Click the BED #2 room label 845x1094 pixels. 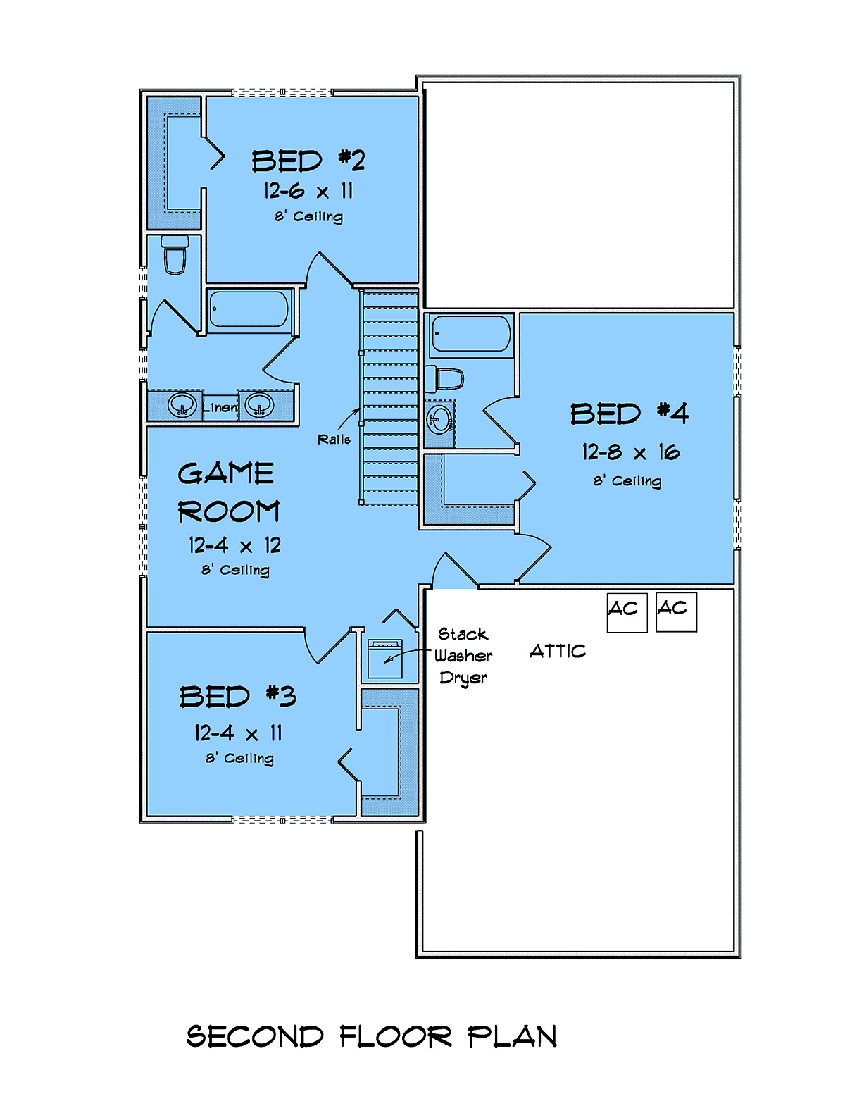[308, 161]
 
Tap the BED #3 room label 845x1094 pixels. [238, 697]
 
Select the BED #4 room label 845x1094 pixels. [629, 414]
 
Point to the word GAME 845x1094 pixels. [226, 474]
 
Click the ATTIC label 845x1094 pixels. [558, 651]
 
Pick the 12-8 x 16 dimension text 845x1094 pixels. [631, 452]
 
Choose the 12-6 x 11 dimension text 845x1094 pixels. [308, 191]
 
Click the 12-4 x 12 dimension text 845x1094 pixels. [234, 545]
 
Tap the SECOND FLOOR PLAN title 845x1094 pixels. [371, 1037]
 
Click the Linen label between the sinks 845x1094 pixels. [220, 406]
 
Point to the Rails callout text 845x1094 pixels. [334, 440]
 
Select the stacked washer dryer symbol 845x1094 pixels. [385, 659]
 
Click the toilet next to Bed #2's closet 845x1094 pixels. [175, 255]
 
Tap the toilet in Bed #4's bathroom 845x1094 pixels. [444, 379]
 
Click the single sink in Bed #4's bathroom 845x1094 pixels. [439, 419]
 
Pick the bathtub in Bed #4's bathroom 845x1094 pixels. [471, 334]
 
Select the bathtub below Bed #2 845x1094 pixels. [249, 309]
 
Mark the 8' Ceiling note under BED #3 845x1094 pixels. [239, 758]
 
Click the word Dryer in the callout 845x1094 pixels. [463, 678]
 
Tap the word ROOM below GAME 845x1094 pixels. [228, 511]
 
